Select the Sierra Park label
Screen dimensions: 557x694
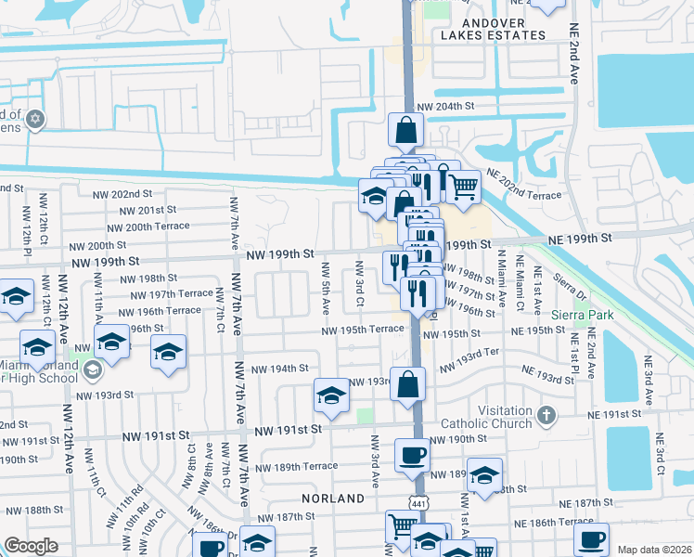click(x=581, y=316)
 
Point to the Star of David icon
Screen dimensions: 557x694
click(x=35, y=119)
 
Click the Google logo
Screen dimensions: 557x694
click(x=31, y=546)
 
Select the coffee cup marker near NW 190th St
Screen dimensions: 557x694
click(x=412, y=455)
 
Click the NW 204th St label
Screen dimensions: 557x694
click(x=445, y=107)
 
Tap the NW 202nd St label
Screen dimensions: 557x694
click(x=122, y=194)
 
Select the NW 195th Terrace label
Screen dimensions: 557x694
click(x=363, y=330)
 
